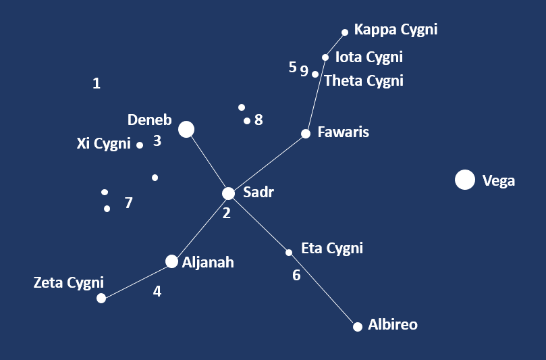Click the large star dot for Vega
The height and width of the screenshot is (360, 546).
coord(464,180)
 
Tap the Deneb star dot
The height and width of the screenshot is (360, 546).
coord(186,129)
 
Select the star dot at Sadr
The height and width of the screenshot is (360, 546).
coord(229,193)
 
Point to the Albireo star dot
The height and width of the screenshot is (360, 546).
coord(358,326)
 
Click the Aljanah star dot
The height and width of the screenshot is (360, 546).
coord(172,261)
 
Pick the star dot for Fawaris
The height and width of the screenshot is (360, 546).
coord(306,134)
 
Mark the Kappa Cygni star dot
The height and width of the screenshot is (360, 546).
coord(345,32)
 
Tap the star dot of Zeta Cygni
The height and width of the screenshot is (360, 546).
coord(101,298)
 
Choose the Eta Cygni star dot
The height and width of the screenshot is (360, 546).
coord(289,253)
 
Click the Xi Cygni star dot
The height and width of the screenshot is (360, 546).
coord(140,145)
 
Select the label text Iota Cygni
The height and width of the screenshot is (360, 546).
coord(368,57)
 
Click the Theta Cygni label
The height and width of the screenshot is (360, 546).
coord(364,81)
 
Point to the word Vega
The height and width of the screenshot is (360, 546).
coord(499,180)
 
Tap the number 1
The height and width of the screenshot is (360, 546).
coord(97,84)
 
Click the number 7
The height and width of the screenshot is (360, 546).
coord(129,203)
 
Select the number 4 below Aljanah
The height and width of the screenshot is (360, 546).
coord(157,292)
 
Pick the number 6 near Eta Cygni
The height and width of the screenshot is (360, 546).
coord(296,275)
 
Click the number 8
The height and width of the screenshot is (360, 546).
coord(258,120)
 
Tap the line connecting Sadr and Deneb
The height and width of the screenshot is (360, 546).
coord(208,161)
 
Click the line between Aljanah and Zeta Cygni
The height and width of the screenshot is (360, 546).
coord(137,280)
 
